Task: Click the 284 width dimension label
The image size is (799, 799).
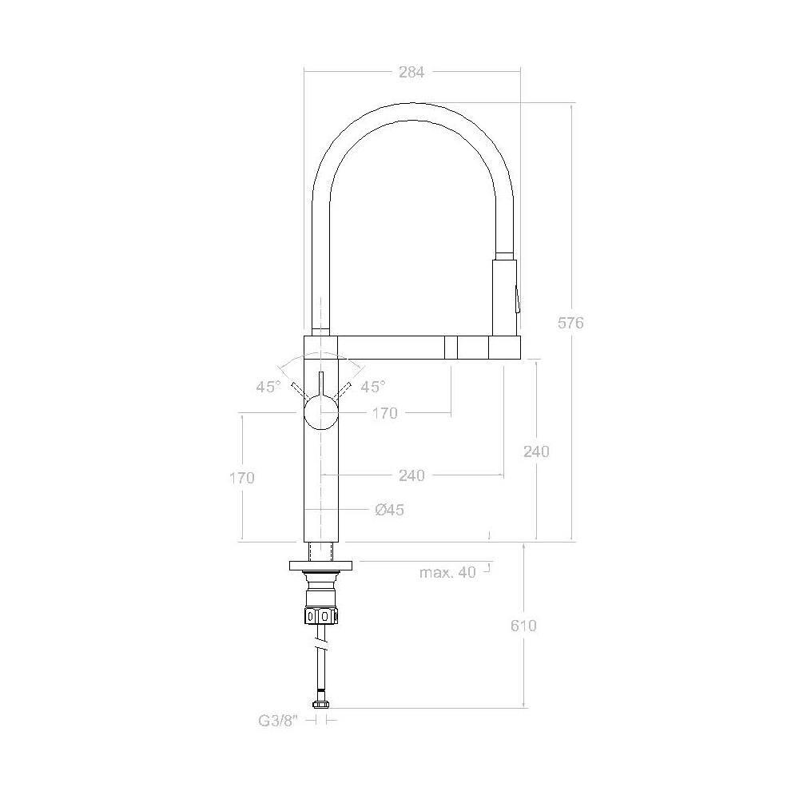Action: [411, 73]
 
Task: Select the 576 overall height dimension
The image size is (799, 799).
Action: [570, 323]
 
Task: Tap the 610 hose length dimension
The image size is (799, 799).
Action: [523, 626]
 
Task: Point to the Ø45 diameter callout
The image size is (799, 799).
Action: [389, 510]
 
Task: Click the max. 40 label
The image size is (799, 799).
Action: [447, 572]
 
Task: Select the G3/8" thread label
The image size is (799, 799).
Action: [278, 721]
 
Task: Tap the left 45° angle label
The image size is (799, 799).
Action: [268, 387]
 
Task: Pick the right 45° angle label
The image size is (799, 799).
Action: [373, 387]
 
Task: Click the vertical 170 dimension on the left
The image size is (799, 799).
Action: [241, 478]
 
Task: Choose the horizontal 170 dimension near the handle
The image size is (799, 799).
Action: [384, 413]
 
